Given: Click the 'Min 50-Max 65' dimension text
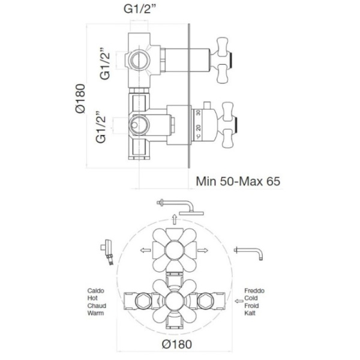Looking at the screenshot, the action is (x=238, y=181).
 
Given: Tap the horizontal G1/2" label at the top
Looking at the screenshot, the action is (x=140, y=9).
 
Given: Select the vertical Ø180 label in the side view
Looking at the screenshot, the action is (x=80, y=98).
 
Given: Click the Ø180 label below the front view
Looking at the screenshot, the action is (x=176, y=344).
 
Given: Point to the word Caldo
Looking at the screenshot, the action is (x=96, y=290).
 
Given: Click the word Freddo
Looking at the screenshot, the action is (x=254, y=290).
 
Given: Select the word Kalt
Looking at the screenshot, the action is (x=250, y=313).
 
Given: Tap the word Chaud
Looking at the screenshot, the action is (x=97, y=305).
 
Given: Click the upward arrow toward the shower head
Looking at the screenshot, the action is (x=175, y=219).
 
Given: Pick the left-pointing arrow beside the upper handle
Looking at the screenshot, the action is (x=145, y=250).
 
